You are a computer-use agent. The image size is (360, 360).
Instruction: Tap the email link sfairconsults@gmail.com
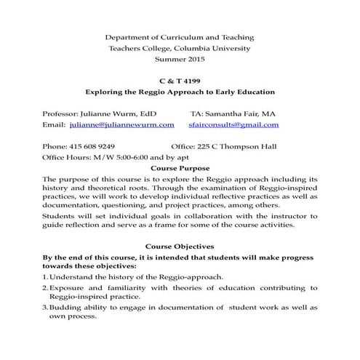click(239, 124)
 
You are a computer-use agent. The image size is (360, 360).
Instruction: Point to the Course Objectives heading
click(180, 247)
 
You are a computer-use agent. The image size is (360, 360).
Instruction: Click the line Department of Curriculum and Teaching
click(180, 36)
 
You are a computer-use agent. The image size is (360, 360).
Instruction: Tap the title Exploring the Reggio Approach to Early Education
click(180, 92)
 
